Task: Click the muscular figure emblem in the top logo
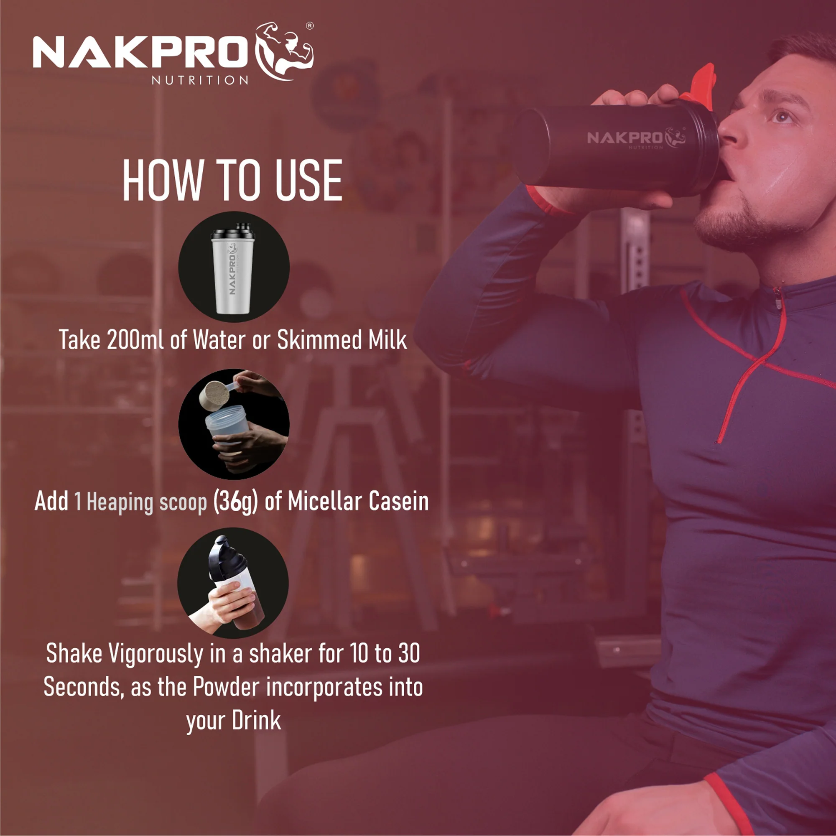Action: click(x=284, y=51)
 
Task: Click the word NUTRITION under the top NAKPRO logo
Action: click(x=200, y=80)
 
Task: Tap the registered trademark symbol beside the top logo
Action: click(x=310, y=26)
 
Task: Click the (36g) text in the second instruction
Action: click(x=236, y=502)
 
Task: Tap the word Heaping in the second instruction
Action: click(x=120, y=503)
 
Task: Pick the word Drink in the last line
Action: click(x=256, y=721)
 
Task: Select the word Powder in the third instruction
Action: click(x=226, y=687)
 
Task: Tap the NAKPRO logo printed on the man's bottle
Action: click(x=636, y=138)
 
